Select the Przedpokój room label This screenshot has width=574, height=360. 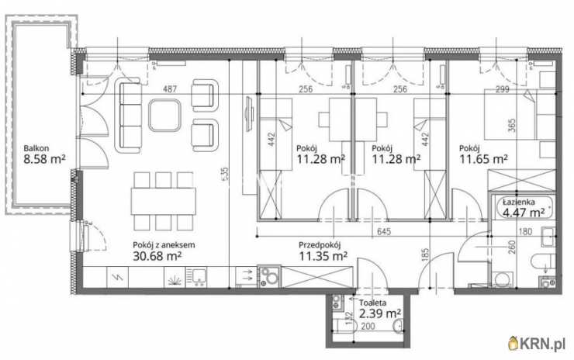(321, 244)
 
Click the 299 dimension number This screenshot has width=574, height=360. (503, 89)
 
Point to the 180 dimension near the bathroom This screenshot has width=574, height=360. (524, 230)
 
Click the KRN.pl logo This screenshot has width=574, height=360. (535, 342)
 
